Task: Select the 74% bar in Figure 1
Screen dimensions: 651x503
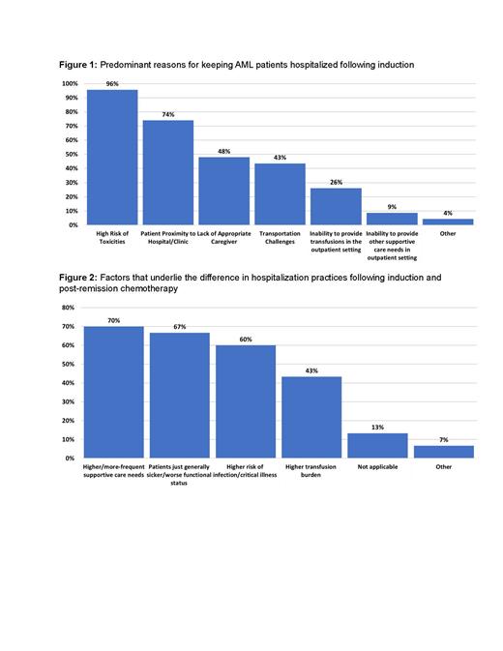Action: [x=168, y=173]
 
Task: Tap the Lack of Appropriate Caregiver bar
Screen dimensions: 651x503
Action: [x=223, y=192]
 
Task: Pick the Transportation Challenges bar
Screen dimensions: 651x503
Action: [x=280, y=194]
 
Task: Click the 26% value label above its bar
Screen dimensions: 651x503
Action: [x=335, y=182]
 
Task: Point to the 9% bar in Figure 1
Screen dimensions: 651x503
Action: [x=391, y=220]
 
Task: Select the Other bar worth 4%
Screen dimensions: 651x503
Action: [x=447, y=222]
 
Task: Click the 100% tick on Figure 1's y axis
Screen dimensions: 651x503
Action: [x=70, y=84]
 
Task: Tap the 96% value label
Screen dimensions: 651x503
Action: [x=112, y=83]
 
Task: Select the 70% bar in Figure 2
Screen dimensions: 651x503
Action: [x=114, y=392]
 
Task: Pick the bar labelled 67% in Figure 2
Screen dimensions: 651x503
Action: [x=180, y=396]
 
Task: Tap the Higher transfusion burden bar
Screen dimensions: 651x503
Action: [x=311, y=417]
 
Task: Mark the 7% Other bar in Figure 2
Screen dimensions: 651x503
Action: [x=443, y=451]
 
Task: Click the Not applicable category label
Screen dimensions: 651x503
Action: [x=377, y=467]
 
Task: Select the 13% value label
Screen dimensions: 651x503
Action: [x=377, y=427]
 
